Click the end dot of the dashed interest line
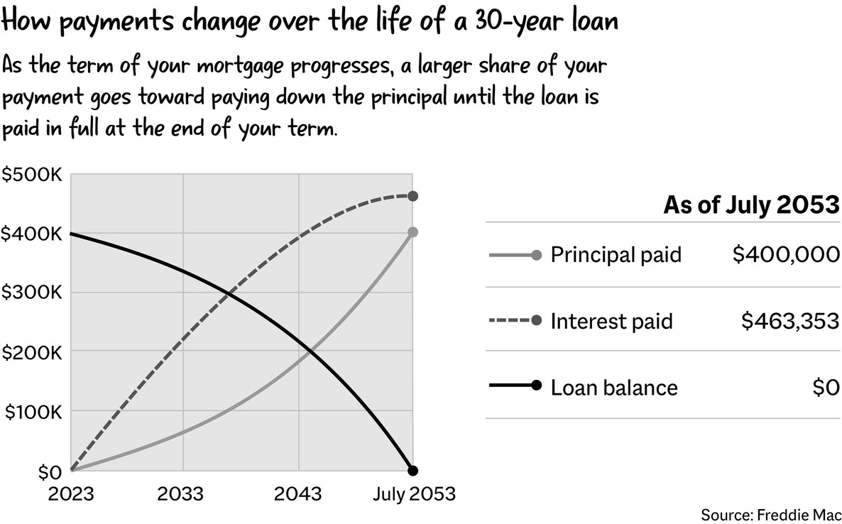412,196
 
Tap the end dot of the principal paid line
412,232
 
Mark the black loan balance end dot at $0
412,471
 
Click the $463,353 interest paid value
790,321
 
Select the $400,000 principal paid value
786,254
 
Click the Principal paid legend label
616,255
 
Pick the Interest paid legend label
612,321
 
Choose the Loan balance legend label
614,387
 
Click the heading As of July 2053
751,205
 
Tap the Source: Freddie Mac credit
771,515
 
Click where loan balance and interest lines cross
229,293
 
